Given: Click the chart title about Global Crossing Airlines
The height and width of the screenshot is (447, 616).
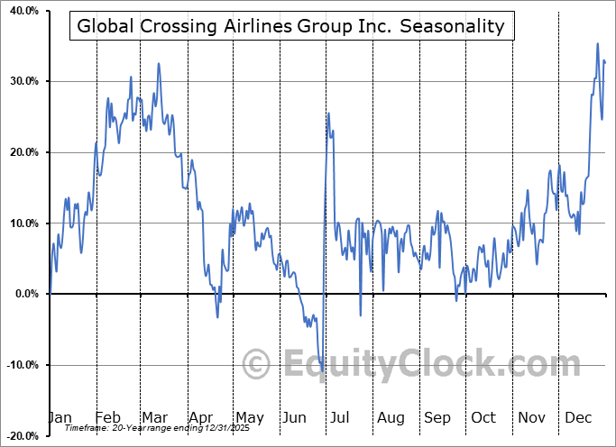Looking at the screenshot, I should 291,26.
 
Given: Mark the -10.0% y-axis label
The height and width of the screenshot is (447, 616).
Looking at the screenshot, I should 20,365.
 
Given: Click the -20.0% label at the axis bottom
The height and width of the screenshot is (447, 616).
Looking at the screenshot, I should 20,435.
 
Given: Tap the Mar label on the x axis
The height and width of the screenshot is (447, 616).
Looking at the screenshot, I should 154,417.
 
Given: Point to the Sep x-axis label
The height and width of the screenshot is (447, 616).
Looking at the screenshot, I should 437,417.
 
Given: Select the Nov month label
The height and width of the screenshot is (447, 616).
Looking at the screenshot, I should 532,417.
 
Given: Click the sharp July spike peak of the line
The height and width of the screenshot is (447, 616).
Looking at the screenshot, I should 328,113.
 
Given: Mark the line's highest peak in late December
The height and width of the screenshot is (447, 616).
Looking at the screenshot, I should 597,43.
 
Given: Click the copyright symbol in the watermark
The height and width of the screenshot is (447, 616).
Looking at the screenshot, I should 257,364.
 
